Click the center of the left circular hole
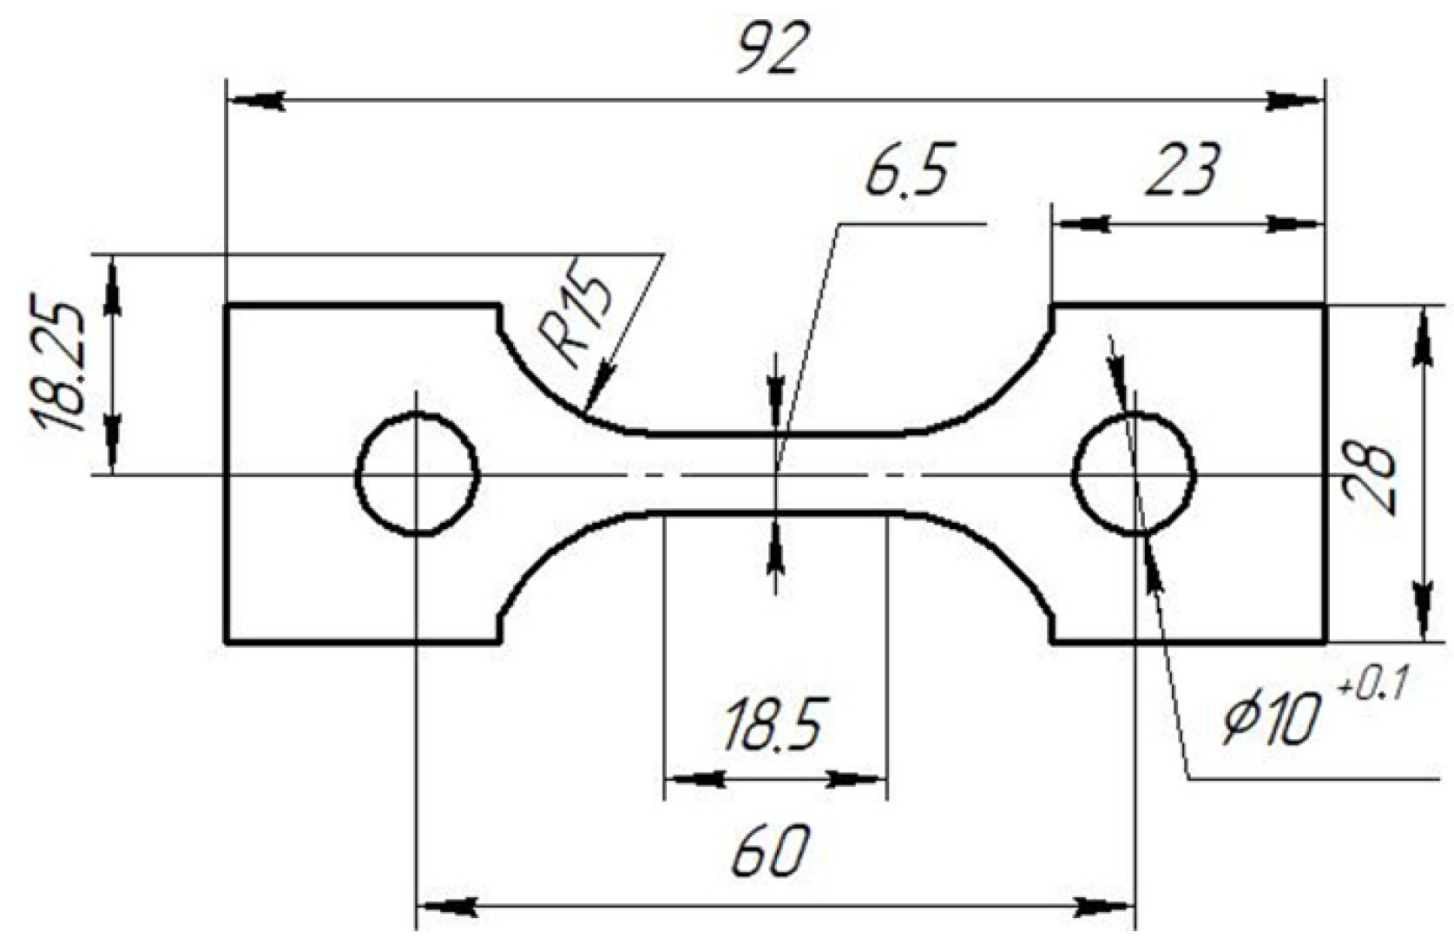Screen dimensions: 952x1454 pos(418,475)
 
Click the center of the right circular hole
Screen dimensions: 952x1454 pos(1135,475)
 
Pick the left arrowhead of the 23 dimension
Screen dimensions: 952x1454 pos(1082,224)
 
